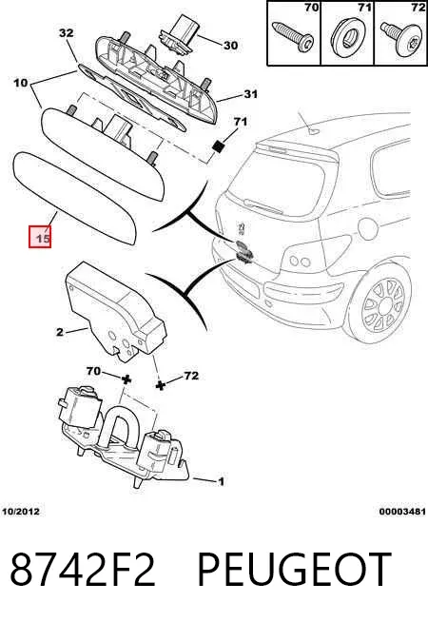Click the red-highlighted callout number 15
click(x=40, y=237)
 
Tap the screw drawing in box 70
click(x=293, y=35)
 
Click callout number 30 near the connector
click(x=230, y=46)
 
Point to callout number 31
click(x=250, y=94)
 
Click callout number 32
click(x=67, y=32)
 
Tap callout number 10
click(x=21, y=83)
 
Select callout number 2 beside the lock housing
click(x=60, y=332)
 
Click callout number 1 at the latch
click(x=222, y=481)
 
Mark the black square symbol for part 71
click(x=218, y=146)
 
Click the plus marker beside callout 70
click(x=126, y=379)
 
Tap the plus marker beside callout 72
click(x=160, y=385)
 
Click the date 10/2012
click(x=21, y=512)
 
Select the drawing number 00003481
click(x=402, y=512)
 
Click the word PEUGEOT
click(x=294, y=570)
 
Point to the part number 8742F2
click(x=83, y=570)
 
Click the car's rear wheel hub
click(x=386, y=306)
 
